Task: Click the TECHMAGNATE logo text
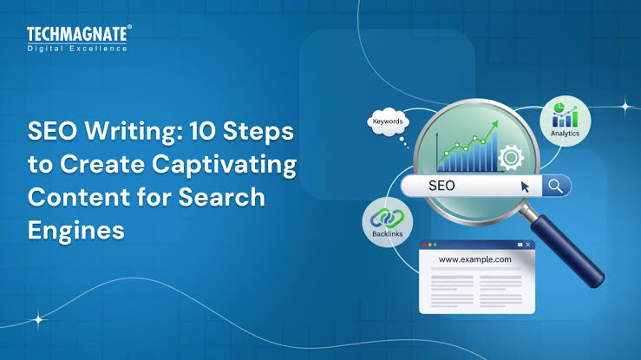77,34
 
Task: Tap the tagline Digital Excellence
77,49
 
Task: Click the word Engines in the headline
76,232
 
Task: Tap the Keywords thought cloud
388,121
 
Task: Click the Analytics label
565,134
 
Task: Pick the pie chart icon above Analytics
559,108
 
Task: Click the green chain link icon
387,219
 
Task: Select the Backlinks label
387,234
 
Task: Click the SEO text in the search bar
442,186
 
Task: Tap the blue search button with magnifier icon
556,186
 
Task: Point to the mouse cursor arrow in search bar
525,187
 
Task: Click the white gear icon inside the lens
511,157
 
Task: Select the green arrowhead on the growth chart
494,124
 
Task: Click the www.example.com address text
474,259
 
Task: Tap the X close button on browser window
527,245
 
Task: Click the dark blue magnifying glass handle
568,251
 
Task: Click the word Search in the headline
221,198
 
